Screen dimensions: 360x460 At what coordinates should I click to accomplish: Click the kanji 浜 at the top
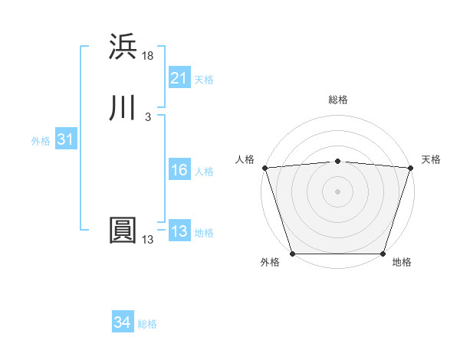[123, 47]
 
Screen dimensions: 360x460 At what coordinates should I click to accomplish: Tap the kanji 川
[123, 108]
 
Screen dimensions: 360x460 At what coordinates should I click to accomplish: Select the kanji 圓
[123, 231]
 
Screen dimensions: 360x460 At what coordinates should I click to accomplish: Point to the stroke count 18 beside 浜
[148, 56]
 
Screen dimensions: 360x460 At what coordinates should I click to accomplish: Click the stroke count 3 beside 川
[148, 117]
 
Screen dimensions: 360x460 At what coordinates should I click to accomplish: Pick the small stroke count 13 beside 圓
[148, 240]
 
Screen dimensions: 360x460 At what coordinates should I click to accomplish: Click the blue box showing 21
[179, 78]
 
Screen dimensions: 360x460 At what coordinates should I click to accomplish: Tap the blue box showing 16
[179, 171]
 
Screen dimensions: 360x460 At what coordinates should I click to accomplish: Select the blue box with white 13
[179, 232]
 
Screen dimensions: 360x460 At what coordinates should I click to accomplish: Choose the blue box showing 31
[65, 140]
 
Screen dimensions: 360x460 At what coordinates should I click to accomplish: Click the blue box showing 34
[122, 323]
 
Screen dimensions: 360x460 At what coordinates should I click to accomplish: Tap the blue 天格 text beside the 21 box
[204, 79]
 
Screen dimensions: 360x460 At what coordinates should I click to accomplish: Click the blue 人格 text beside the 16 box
[204, 172]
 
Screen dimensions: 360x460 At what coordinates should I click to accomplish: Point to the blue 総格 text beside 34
[147, 324]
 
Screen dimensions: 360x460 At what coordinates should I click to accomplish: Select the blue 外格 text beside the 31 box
[41, 141]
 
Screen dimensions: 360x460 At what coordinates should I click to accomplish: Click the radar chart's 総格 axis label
[337, 100]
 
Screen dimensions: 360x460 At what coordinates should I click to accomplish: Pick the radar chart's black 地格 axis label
[402, 263]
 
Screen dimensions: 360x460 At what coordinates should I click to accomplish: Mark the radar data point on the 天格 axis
[411, 168]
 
